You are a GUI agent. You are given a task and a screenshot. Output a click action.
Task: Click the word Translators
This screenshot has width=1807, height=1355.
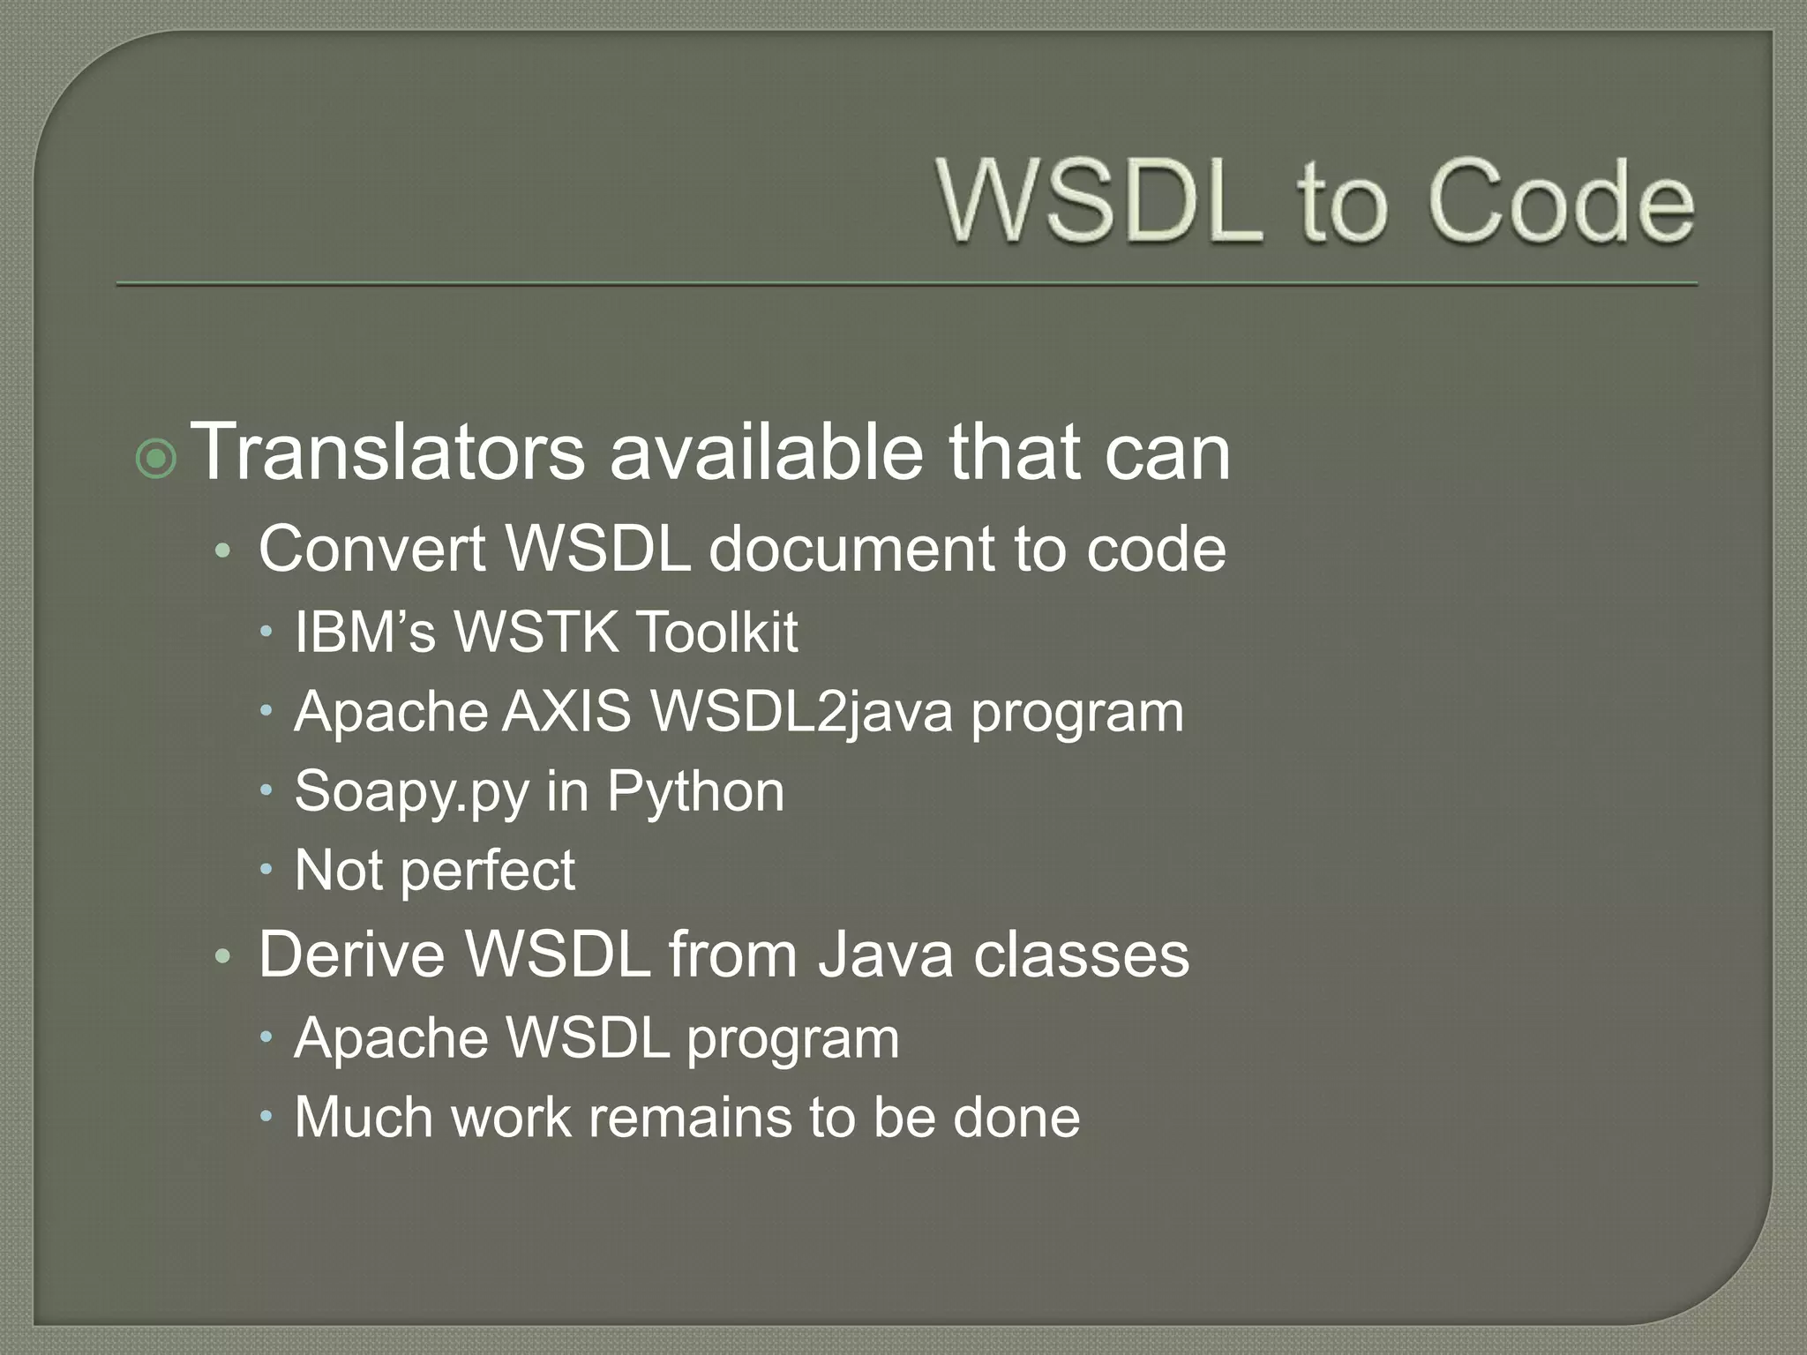pyautogui.click(x=387, y=452)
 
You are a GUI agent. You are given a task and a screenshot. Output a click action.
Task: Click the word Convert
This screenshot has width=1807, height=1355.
pyautogui.click(x=371, y=549)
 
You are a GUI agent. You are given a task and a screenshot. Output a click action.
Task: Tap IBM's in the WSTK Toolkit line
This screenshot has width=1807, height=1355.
pyautogui.click(x=365, y=632)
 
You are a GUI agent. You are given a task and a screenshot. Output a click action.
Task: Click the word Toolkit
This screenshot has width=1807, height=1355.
pyautogui.click(x=716, y=632)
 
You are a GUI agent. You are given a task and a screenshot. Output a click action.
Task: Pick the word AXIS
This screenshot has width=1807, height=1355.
pyautogui.click(x=566, y=711)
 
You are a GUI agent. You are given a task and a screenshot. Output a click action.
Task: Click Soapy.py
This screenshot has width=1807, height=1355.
pyautogui.click(x=411, y=791)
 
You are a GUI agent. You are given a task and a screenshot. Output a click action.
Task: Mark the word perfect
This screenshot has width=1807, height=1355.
pyautogui.click(x=487, y=871)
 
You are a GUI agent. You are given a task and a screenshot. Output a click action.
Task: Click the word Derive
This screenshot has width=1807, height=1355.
pyautogui.click(x=352, y=954)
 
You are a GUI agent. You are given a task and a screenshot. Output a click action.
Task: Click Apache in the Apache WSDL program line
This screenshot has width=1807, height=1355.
pyautogui.click(x=391, y=1038)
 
